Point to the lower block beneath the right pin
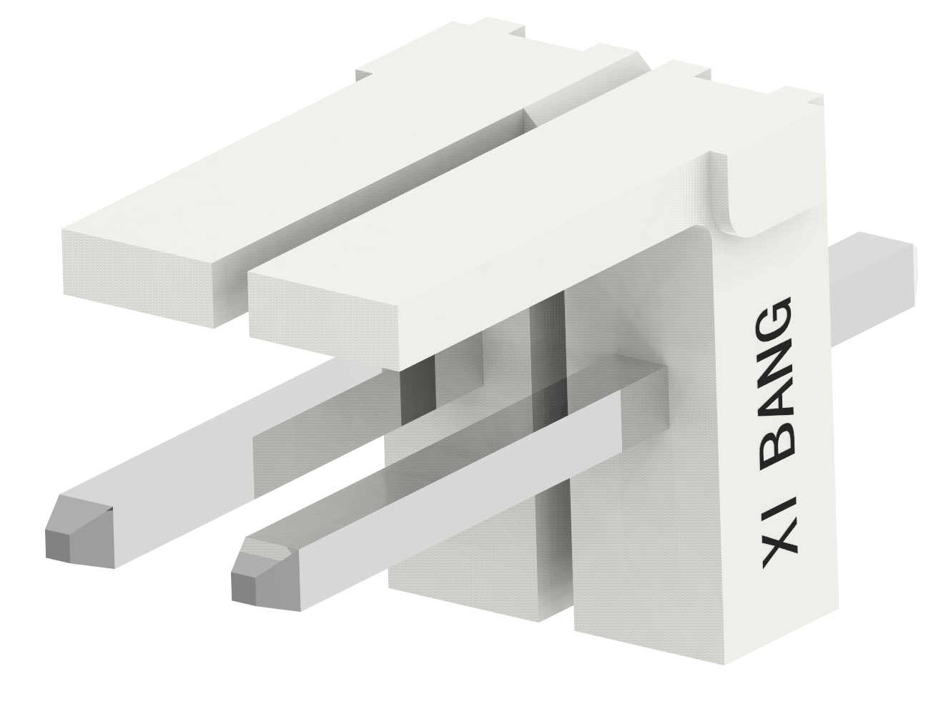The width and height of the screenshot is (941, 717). point(479,572)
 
